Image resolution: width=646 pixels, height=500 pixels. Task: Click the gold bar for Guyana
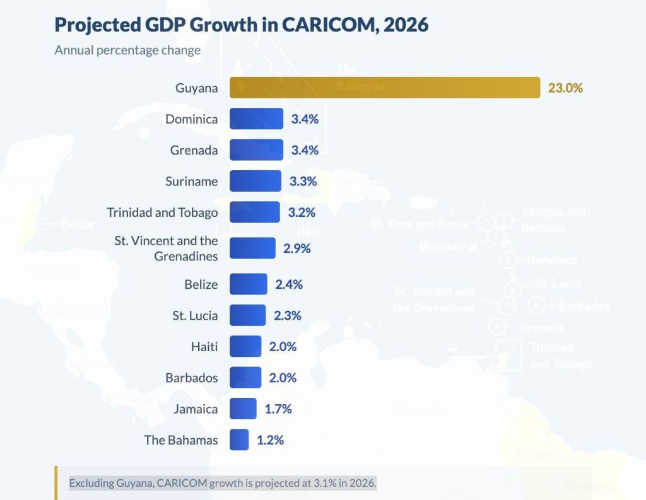(x=385, y=88)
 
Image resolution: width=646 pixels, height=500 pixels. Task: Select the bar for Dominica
(x=256, y=119)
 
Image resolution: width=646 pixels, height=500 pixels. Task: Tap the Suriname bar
(x=255, y=181)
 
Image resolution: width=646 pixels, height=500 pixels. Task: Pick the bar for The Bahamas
(x=239, y=439)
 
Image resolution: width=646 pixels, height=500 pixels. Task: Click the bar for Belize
(x=249, y=284)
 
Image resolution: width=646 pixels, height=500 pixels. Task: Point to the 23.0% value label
(x=565, y=88)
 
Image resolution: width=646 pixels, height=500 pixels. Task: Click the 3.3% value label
(x=303, y=182)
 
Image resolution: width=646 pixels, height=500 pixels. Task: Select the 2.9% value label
(x=297, y=248)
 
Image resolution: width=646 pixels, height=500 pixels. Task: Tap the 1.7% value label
(x=278, y=409)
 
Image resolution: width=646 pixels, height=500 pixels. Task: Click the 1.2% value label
(x=270, y=440)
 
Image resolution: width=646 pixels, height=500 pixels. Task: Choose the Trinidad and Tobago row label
(x=162, y=212)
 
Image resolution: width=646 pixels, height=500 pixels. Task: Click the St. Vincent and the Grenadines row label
(x=166, y=248)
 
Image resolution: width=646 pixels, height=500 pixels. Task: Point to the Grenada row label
(x=194, y=151)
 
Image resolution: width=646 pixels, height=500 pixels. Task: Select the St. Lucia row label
(x=195, y=315)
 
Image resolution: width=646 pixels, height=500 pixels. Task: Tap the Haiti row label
(x=204, y=347)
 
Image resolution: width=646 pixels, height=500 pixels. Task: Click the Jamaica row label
(x=196, y=409)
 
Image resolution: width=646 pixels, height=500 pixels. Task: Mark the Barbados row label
(x=191, y=378)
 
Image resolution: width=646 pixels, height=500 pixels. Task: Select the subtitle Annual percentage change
(x=127, y=50)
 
